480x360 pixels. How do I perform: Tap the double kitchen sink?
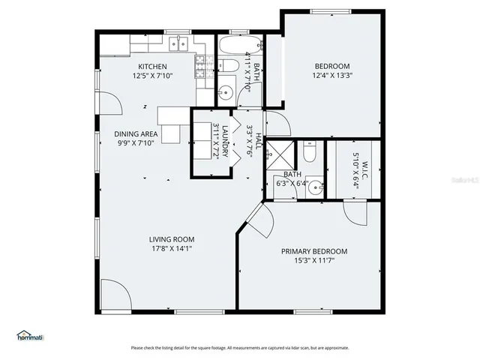[178, 44]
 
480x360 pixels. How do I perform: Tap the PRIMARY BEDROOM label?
[314, 251]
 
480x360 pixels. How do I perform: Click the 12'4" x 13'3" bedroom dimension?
[332, 75]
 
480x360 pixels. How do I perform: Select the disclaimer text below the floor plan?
[240, 348]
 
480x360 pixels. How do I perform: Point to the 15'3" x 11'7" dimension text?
[314, 260]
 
